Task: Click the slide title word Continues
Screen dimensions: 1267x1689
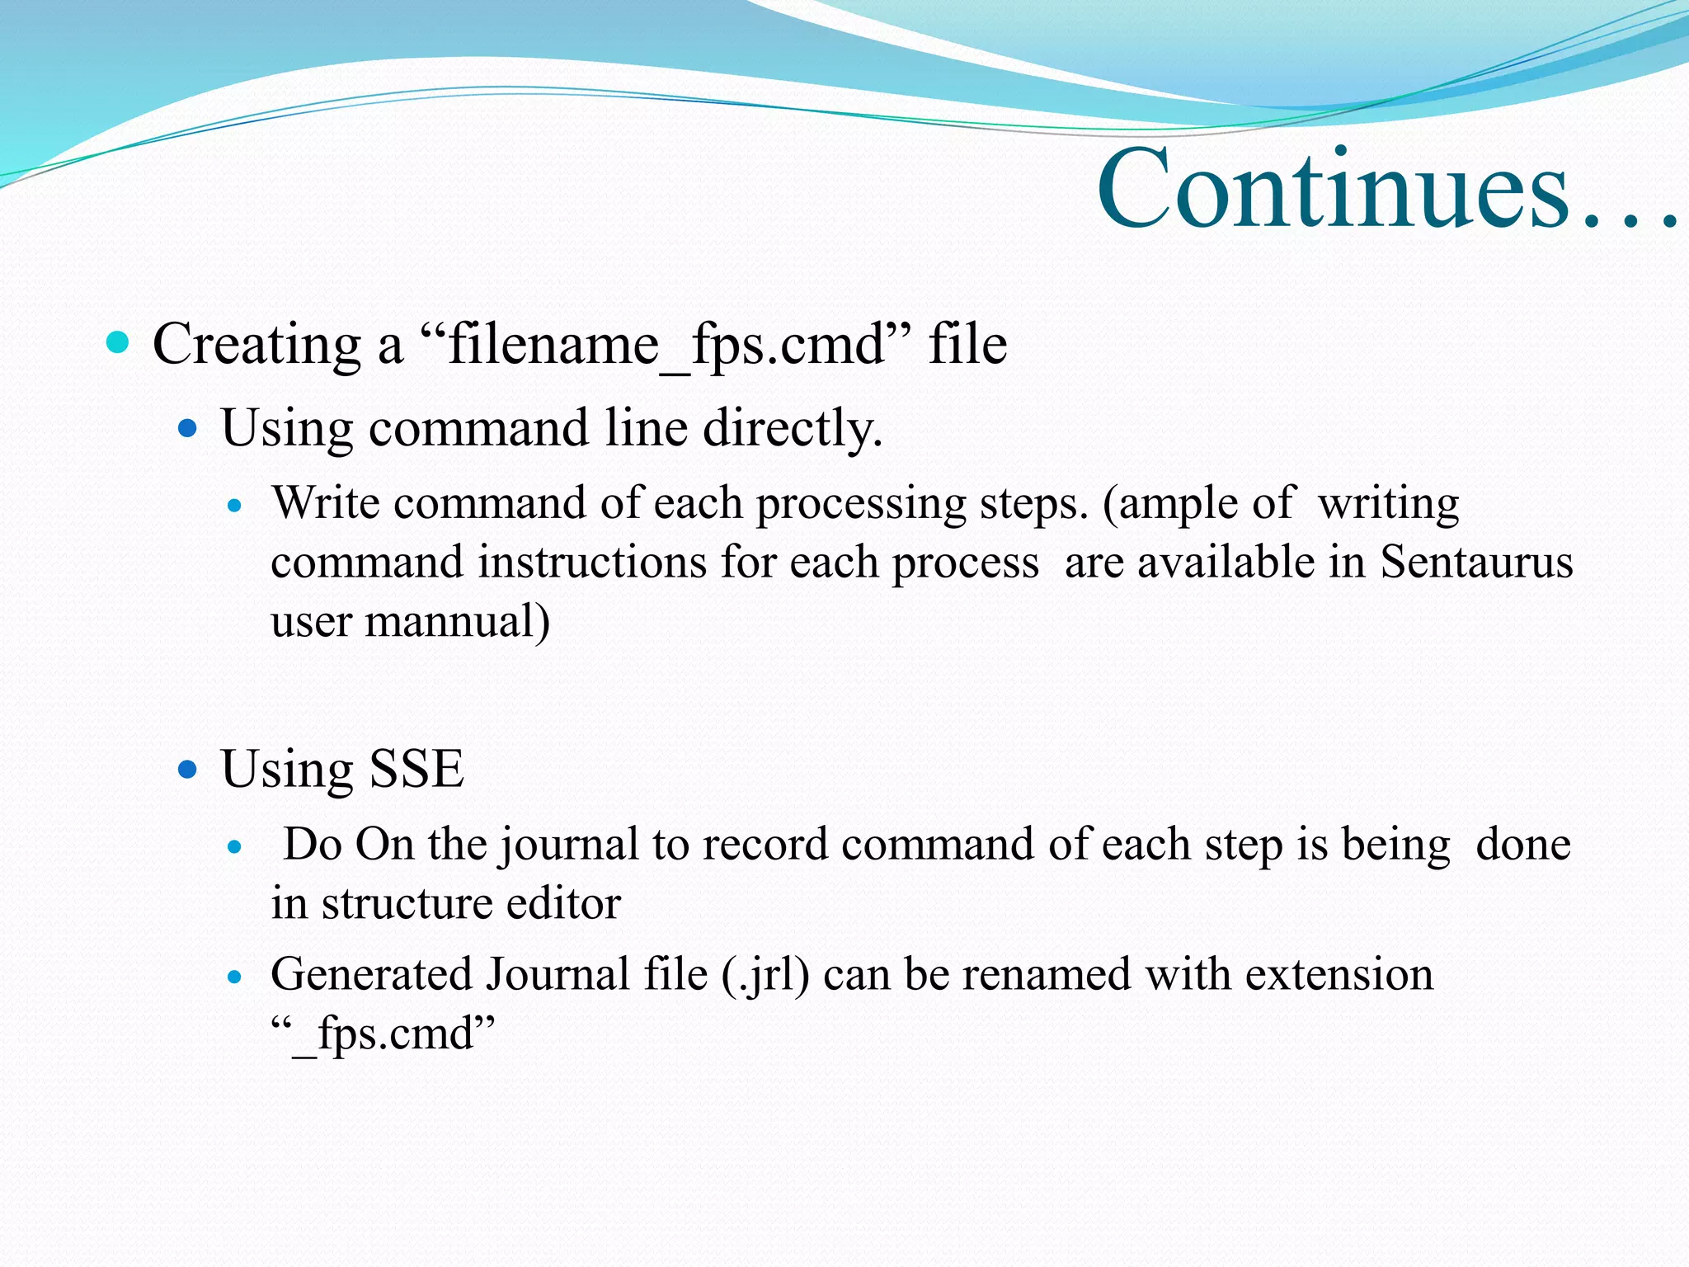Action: tap(1333, 190)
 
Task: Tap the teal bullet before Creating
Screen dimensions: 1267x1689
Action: tap(118, 341)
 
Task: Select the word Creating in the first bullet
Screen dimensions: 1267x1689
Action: tap(256, 345)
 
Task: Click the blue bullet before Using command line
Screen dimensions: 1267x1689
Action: tap(188, 428)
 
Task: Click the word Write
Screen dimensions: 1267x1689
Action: tap(326, 503)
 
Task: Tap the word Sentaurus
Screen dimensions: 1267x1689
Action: tap(1476, 563)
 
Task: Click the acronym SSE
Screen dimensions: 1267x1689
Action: tap(416, 770)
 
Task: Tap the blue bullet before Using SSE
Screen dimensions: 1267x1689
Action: tap(188, 770)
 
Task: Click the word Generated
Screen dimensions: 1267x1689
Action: tap(371, 975)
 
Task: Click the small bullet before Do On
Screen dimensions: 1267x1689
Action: tap(235, 846)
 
